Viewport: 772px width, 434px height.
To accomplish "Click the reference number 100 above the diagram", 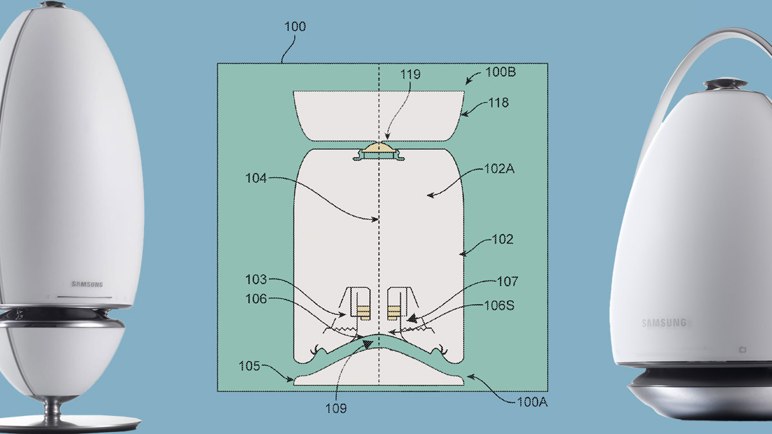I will (295, 27).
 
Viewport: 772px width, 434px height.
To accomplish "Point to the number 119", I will (409, 75).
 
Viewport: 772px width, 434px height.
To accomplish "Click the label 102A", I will (499, 170).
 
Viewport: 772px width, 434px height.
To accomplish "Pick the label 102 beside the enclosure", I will (502, 240).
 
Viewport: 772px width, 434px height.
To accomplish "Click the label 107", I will (507, 282).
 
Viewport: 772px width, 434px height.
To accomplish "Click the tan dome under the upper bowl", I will (380, 149).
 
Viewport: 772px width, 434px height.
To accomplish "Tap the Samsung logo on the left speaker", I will (87, 284).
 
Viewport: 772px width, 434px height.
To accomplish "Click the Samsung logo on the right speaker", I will (664, 323).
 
